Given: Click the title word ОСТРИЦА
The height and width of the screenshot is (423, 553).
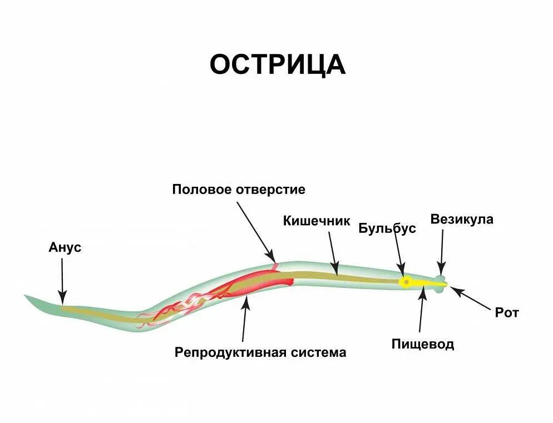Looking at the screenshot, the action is pos(277,65).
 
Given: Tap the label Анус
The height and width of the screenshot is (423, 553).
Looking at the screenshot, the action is pos(65,247).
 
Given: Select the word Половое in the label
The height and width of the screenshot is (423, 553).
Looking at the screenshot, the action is pos(201,190).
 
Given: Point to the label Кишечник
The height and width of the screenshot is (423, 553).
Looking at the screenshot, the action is pos(317,221).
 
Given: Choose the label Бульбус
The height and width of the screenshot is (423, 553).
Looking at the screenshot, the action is pos(387,228).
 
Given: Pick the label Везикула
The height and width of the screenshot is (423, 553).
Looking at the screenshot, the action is pos(462,219).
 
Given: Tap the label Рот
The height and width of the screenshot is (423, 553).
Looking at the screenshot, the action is pos(506,313).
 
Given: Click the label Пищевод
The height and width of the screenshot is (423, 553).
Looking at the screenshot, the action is pos(423,344).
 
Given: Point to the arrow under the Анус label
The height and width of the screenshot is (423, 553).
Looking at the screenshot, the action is pos(62,281).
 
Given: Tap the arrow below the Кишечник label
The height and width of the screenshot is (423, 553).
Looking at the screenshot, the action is pos(333,253).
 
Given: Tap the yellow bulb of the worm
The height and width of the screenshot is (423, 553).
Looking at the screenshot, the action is pos(406,282).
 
